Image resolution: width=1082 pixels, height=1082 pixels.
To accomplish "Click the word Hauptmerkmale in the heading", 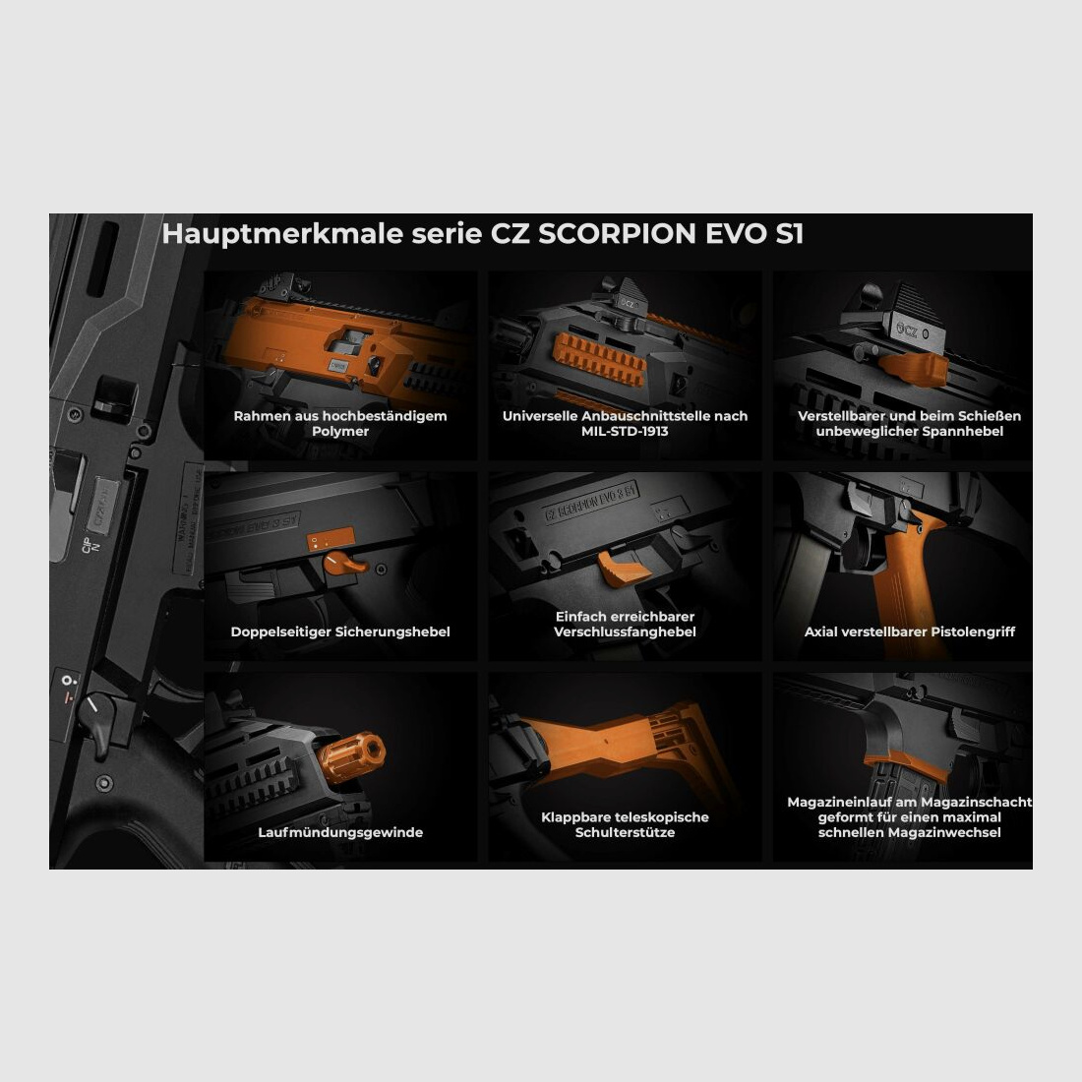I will click(x=247, y=234).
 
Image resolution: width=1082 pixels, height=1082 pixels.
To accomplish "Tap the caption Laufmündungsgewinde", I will click(x=340, y=832).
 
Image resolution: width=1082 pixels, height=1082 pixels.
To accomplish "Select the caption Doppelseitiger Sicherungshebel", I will click(x=340, y=631).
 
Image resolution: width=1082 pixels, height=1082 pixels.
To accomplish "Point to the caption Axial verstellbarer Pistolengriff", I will click(x=910, y=631).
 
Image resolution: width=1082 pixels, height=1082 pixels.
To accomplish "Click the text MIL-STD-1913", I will click(x=625, y=431).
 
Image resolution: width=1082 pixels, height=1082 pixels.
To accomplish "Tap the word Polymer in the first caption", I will click(x=340, y=431).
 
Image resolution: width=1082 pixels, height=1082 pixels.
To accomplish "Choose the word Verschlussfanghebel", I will click(x=625, y=631).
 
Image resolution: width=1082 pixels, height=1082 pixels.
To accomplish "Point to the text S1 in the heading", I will click(x=789, y=234).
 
